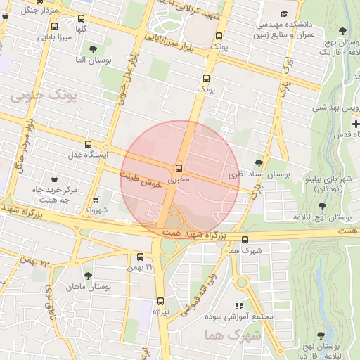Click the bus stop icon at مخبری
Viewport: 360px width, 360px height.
click(x=179, y=168)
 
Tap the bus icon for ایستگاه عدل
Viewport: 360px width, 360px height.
click(x=87, y=143)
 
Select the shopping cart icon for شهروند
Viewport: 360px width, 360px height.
click(x=96, y=199)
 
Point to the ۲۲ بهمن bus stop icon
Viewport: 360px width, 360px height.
click(x=140, y=257)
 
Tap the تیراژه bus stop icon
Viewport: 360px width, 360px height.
click(x=160, y=301)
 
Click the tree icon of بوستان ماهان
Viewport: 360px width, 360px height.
click(x=88, y=276)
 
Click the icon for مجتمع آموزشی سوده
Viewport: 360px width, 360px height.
click(x=240, y=306)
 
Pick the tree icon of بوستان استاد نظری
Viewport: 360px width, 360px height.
click(x=267, y=162)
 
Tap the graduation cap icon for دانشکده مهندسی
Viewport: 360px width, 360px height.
click(x=284, y=13)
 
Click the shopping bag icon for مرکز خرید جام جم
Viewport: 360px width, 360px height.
click(x=55, y=179)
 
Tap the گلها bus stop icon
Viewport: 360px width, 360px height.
click(x=81, y=19)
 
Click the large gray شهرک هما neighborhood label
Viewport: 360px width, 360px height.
click(x=233, y=335)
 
